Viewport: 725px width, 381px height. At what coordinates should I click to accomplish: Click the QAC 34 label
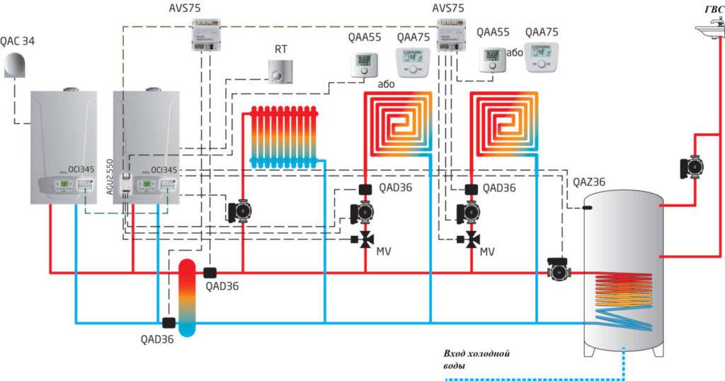[18, 42]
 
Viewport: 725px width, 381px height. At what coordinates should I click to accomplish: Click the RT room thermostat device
[280, 72]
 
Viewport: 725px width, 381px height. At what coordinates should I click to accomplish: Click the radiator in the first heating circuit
[282, 137]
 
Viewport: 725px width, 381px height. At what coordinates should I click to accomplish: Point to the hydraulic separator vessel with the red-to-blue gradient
[188, 297]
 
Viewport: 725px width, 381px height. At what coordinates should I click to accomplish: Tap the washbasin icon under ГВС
[709, 28]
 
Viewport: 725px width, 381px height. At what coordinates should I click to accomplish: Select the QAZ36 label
[589, 183]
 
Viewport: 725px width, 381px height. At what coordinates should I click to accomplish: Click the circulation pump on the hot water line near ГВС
[692, 167]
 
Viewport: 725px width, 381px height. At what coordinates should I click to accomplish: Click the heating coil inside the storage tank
[624, 301]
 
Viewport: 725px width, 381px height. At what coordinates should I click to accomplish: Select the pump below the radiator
[238, 210]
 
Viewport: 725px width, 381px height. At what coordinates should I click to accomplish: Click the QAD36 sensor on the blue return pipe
[169, 323]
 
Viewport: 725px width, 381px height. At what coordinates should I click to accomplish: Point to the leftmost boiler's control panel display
[63, 185]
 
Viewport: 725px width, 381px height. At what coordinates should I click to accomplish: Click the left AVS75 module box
[206, 36]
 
